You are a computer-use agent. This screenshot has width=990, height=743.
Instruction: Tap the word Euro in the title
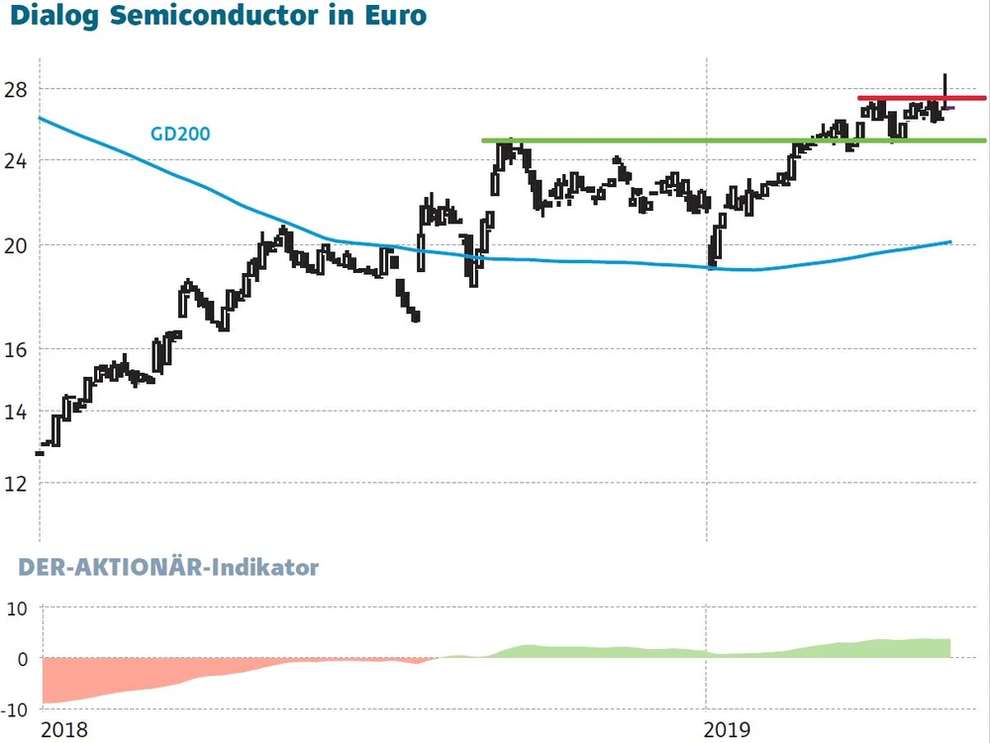[x=397, y=16]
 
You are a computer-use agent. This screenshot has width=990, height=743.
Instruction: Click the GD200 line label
[x=179, y=134]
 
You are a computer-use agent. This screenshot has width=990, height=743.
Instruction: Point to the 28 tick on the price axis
[x=16, y=90]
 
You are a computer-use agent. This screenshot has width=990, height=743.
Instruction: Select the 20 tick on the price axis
[x=16, y=245]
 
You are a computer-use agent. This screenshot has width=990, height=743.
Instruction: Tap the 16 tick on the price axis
[x=16, y=349]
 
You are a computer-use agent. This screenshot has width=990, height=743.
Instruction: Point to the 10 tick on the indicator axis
[x=16, y=607]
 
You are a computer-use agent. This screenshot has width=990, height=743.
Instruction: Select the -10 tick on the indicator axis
[x=14, y=708]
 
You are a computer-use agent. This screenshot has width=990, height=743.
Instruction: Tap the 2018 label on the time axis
[x=63, y=730]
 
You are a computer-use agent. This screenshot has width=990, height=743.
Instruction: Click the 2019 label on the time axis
[x=727, y=730]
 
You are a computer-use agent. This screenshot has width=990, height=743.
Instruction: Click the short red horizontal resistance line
[x=921, y=98]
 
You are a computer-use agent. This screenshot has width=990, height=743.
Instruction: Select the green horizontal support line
[x=733, y=140]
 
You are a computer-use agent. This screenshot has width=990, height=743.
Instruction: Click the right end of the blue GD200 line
[x=948, y=241]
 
